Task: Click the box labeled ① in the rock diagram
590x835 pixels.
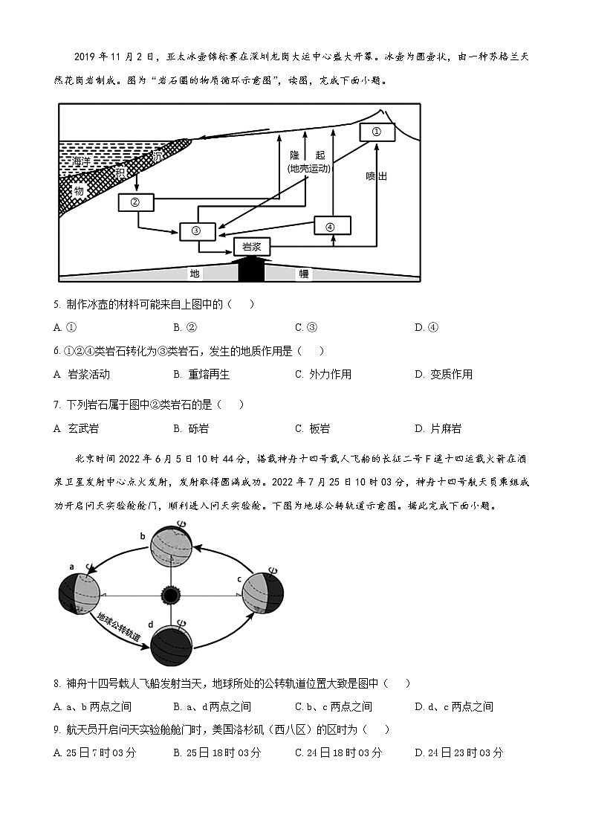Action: pyautogui.click(x=376, y=132)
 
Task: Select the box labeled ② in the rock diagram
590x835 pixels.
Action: pyautogui.click(x=135, y=202)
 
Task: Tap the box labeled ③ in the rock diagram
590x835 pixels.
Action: pyautogui.click(x=197, y=230)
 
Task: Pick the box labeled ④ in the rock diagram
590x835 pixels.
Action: pyautogui.click(x=331, y=226)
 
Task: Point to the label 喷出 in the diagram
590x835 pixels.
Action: pyautogui.click(x=377, y=176)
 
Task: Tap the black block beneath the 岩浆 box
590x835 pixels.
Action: pyautogui.click(x=251, y=269)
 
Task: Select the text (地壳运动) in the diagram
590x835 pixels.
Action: pyautogui.click(x=308, y=169)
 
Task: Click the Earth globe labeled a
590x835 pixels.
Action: pyautogui.click(x=79, y=596)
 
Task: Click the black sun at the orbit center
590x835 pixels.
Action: pyautogui.click(x=172, y=596)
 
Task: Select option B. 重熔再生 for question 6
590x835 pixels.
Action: pyautogui.click(x=202, y=374)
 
